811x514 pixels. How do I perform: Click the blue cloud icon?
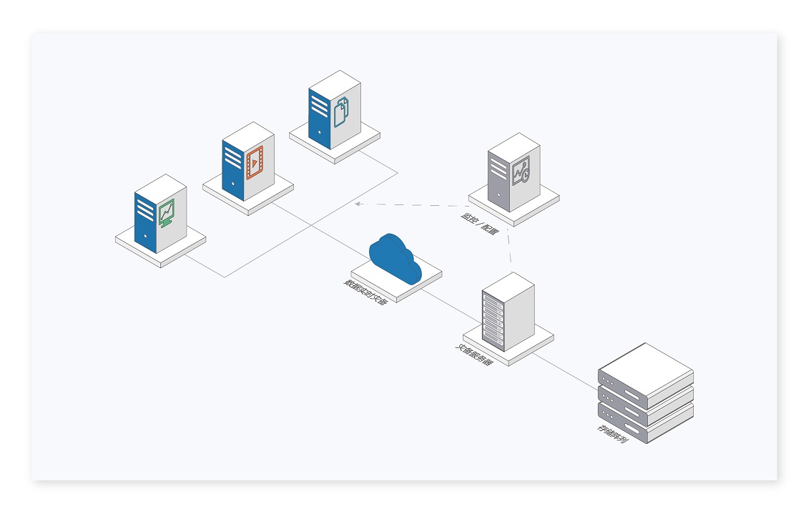[x=394, y=258]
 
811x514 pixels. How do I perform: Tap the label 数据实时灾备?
[x=365, y=292]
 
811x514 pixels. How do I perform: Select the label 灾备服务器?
[x=475, y=355]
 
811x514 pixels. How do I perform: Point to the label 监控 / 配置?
[x=480, y=224]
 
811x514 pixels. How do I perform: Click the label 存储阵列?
[x=613, y=433]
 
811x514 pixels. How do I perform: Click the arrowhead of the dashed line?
[x=358, y=204]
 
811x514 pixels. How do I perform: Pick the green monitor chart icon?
[x=167, y=212]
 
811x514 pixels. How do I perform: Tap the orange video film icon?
[x=255, y=162]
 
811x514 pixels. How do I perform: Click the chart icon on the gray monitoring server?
[x=521, y=172]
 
